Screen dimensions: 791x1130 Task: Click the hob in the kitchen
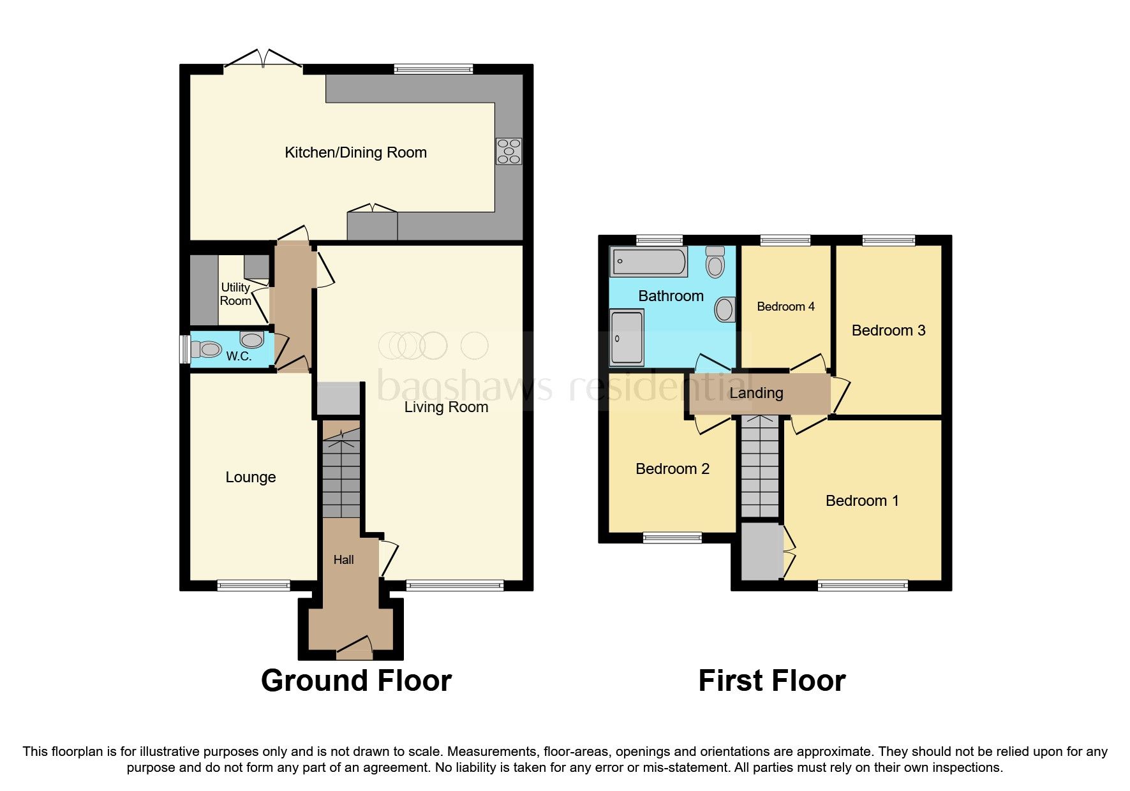pos(509,151)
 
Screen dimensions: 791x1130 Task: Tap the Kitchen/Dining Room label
pos(355,152)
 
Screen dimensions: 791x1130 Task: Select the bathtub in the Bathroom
pos(648,262)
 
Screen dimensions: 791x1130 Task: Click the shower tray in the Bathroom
pos(627,337)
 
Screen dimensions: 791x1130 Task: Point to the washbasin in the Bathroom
pos(724,309)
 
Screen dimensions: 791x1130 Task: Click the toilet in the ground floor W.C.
pos(206,350)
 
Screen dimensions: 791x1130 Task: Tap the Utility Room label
pos(235,294)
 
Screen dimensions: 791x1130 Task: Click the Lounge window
pos(253,585)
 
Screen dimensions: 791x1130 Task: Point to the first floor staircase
pos(760,466)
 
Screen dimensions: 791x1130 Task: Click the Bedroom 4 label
pos(785,307)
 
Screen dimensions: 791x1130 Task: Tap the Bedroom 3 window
pos(889,240)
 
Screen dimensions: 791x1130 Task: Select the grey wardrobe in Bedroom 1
pos(761,551)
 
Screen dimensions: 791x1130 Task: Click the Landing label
pos(756,393)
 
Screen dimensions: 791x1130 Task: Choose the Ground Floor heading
pos(356,681)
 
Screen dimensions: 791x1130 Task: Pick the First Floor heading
pos(771,681)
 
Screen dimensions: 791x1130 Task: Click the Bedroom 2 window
pos(673,538)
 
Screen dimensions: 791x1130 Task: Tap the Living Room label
pos(446,407)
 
